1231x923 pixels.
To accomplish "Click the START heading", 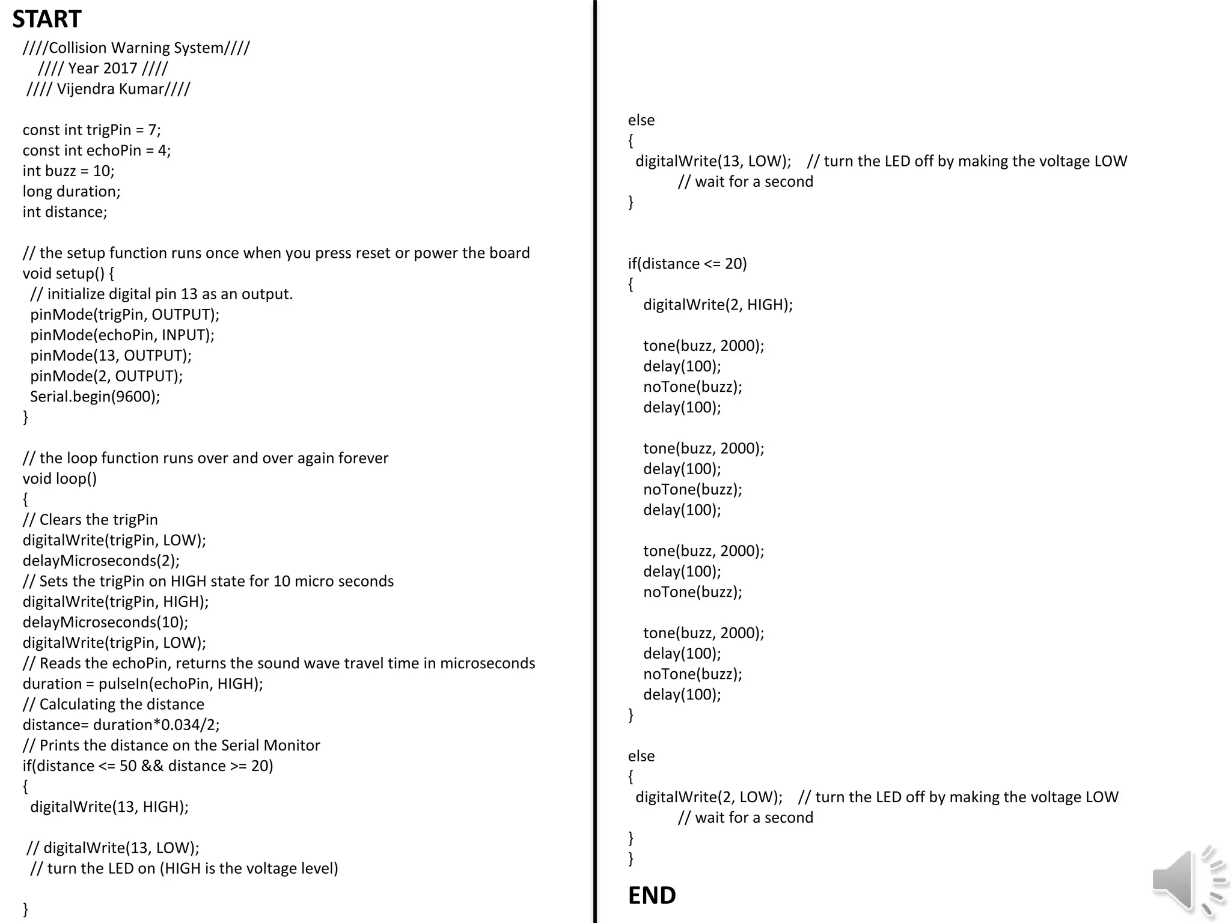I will pos(47,19).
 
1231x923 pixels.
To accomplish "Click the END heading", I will pos(652,895).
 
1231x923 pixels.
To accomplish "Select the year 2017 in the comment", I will pos(120,69).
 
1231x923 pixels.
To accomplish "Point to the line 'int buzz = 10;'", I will pos(69,171).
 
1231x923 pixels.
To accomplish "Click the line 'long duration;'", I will pos(72,192).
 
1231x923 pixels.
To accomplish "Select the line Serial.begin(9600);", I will pos(95,397).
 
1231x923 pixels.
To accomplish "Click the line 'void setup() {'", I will pos(69,273).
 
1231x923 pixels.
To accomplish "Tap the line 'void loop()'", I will pos(60,479).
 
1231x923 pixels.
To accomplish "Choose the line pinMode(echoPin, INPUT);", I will pos(122,335).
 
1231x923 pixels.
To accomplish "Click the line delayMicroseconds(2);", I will pos(101,561).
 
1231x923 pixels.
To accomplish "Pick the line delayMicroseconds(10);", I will pos(105,623).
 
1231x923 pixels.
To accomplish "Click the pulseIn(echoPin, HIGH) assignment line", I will pos(143,684).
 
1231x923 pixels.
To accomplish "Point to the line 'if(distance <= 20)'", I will pos(687,264).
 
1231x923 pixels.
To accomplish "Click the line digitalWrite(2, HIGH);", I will pos(718,305).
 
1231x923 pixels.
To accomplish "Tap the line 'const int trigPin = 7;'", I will pos(91,130).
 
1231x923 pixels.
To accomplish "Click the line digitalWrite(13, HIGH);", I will pos(109,807).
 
